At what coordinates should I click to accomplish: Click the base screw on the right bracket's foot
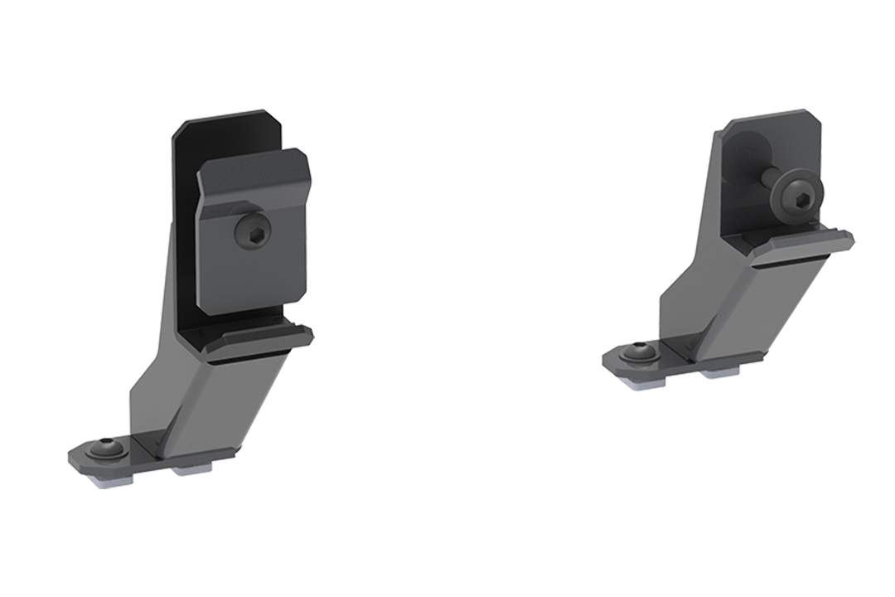[x=638, y=354]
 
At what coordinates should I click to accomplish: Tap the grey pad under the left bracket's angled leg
[x=192, y=471]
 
